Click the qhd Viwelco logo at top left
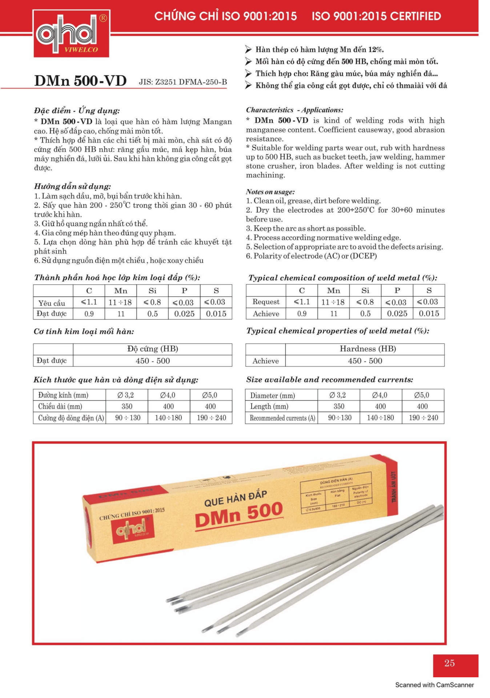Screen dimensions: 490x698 coord(71,34)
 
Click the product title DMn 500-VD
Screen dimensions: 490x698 coord(80,81)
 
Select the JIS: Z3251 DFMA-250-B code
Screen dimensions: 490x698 coord(182,82)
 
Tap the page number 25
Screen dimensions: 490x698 coord(449,663)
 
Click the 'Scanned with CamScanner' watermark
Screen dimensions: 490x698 coord(434,685)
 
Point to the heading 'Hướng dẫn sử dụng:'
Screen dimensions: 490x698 coord(73,186)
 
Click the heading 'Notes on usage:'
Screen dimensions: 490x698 coord(270,192)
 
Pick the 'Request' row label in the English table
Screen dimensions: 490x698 coord(266,302)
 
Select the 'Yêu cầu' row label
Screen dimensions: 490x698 coord(52,303)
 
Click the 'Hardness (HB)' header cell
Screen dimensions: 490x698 coord(368,349)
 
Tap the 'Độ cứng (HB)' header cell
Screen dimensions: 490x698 coord(153,349)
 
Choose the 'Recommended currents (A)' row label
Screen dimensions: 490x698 coord(282,418)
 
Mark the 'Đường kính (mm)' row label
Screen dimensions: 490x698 coord(63,395)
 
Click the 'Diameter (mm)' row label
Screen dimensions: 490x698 coord(272,395)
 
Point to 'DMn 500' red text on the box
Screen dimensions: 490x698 coord(239,514)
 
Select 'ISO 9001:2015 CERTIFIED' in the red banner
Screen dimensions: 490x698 coord(376,16)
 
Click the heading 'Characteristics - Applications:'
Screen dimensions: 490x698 coord(294,110)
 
